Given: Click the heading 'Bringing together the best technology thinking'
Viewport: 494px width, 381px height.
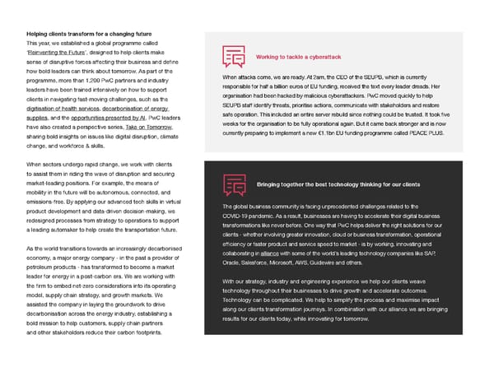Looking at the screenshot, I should [338, 184].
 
